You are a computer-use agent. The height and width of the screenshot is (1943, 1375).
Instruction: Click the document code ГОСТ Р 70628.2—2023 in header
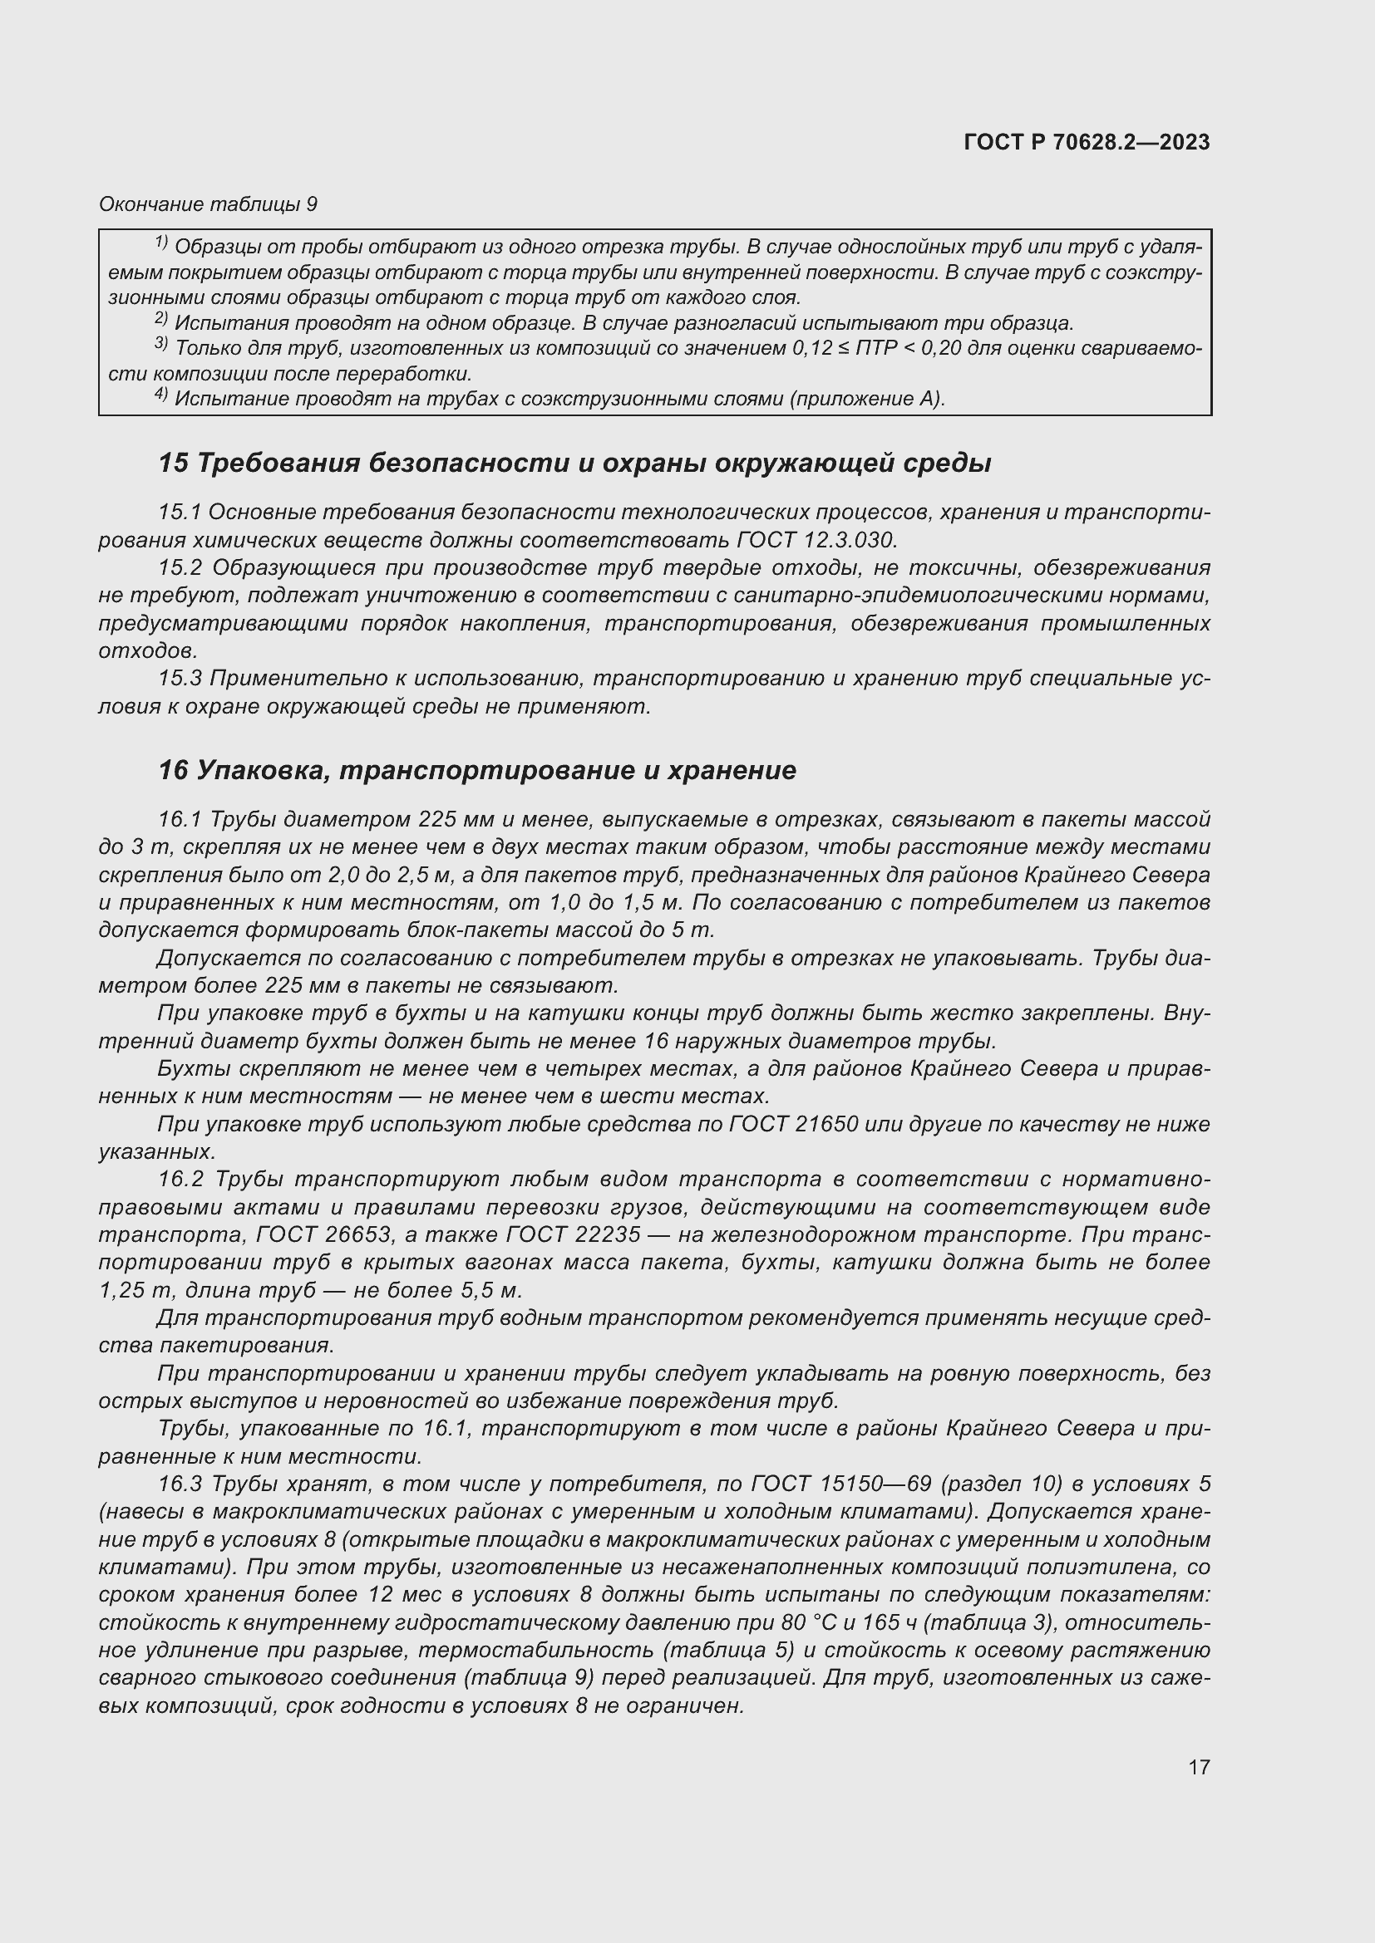(1087, 142)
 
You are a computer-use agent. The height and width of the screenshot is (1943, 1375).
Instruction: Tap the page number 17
(1199, 1767)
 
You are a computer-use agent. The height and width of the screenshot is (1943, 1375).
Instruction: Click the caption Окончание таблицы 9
(208, 204)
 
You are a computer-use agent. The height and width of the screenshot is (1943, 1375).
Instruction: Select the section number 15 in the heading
(173, 463)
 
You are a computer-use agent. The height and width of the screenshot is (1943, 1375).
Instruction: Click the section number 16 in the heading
(173, 770)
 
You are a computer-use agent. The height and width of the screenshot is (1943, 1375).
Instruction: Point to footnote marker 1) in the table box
(161, 243)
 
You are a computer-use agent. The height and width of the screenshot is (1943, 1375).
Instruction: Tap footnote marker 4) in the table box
(161, 395)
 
